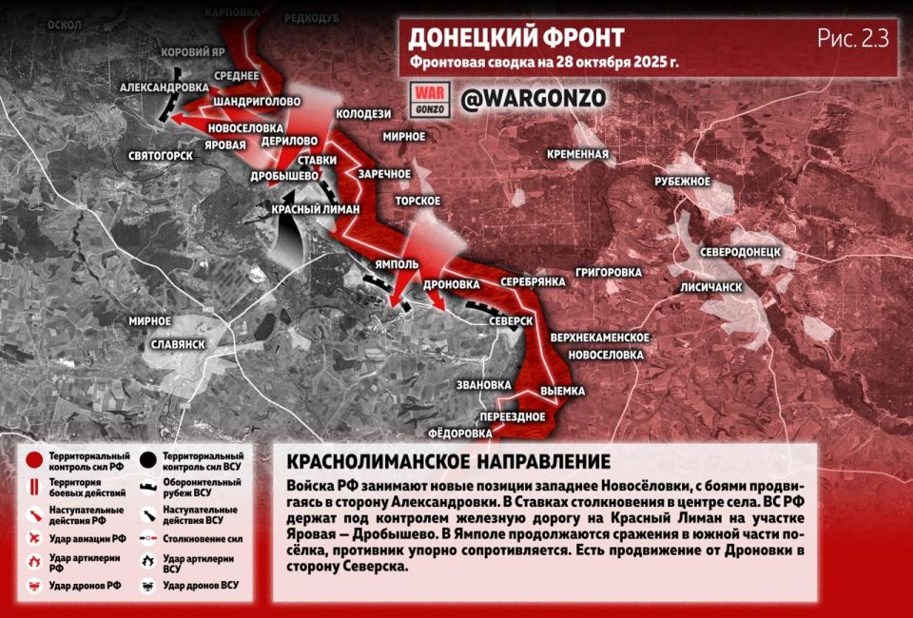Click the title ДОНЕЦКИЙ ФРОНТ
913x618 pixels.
516,38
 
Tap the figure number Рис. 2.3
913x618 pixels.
852,39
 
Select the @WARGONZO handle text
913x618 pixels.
533,99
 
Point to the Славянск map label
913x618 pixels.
179,343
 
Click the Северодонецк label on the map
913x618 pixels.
741,252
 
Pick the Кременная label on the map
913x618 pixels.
578,154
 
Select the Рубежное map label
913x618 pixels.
683,181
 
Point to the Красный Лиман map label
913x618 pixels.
316,210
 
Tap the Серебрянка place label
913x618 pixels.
534,281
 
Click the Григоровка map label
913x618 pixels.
609,272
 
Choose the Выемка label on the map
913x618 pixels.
563,391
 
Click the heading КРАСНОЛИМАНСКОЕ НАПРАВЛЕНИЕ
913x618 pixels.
448,462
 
